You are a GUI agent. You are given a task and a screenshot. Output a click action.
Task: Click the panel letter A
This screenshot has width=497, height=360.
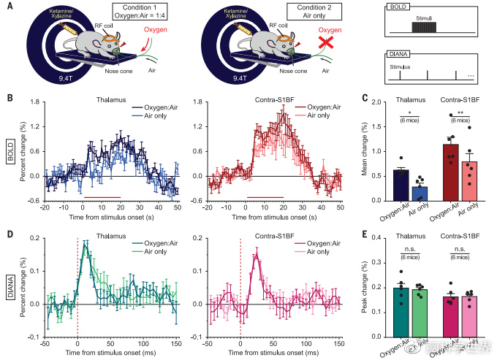coord(9,9)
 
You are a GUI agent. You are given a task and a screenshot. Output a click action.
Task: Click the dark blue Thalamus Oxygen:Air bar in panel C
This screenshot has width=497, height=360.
coord(401,185)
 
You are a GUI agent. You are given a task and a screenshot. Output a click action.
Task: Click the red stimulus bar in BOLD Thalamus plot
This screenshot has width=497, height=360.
coord(102,197)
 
